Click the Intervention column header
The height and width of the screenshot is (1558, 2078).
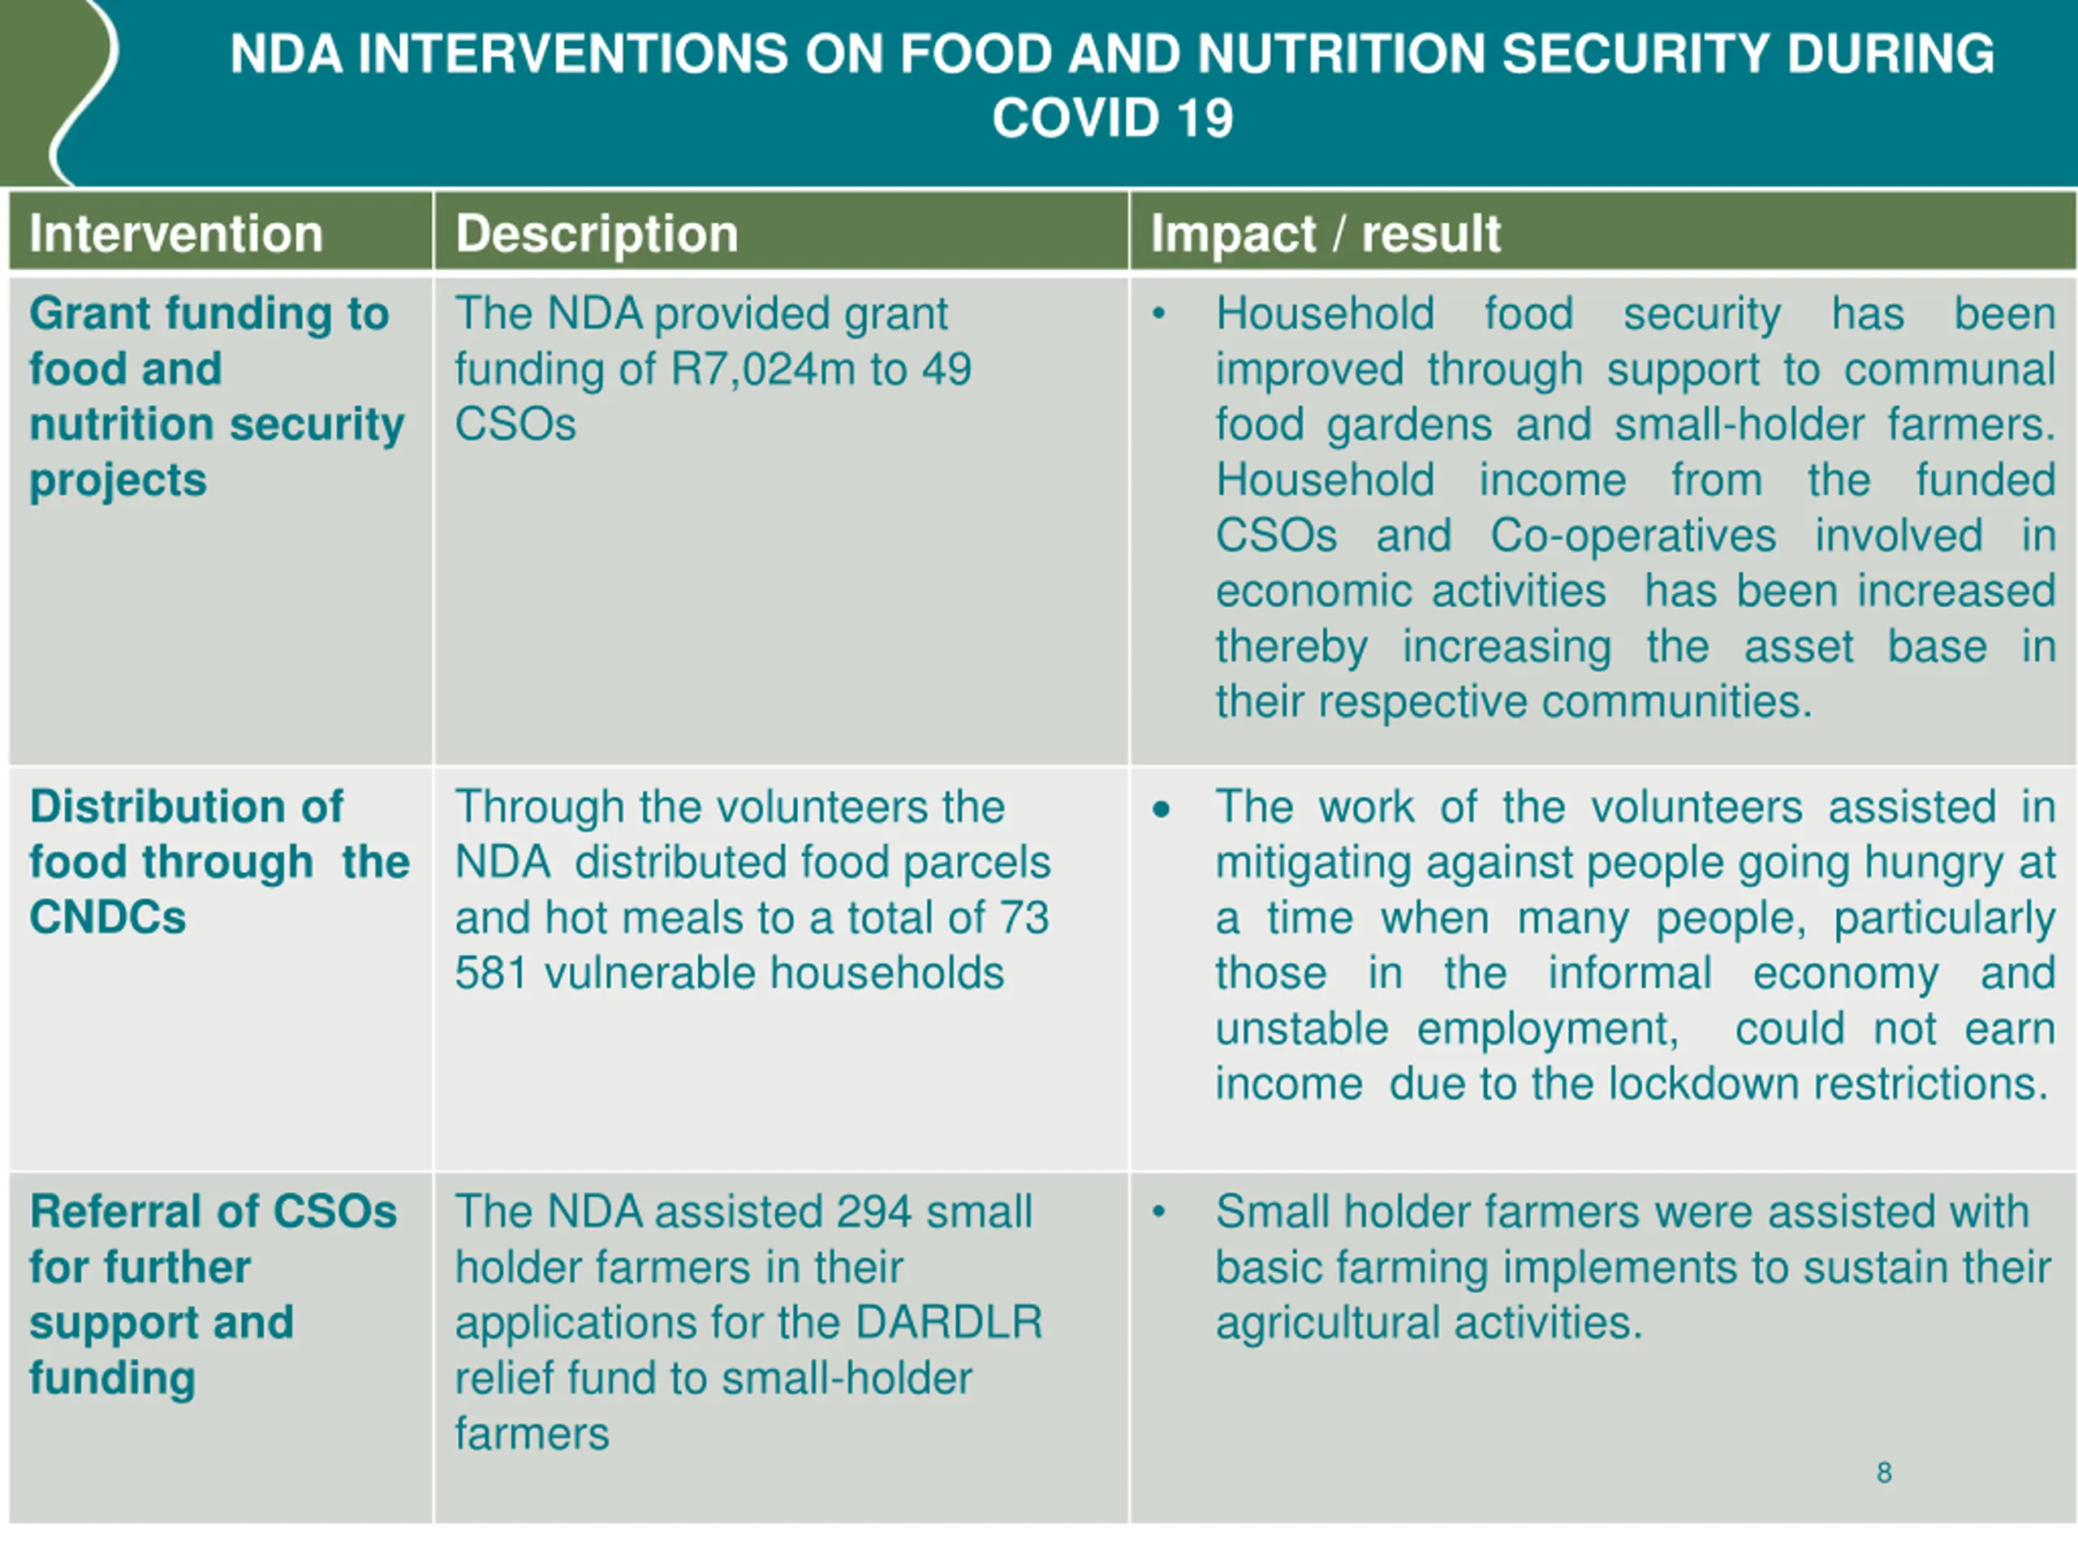175,233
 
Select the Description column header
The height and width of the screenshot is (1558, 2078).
597,233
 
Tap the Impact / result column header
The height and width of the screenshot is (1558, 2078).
1325,233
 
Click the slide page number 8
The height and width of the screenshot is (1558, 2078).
1883,1473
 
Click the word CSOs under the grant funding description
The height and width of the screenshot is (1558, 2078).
515,424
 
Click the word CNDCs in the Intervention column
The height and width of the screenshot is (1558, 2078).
108,918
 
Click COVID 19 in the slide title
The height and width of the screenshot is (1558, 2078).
1112,118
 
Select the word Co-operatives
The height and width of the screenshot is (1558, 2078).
1632,536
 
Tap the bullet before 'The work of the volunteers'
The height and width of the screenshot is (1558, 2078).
1161,808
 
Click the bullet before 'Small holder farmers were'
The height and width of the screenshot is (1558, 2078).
1159,1212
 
